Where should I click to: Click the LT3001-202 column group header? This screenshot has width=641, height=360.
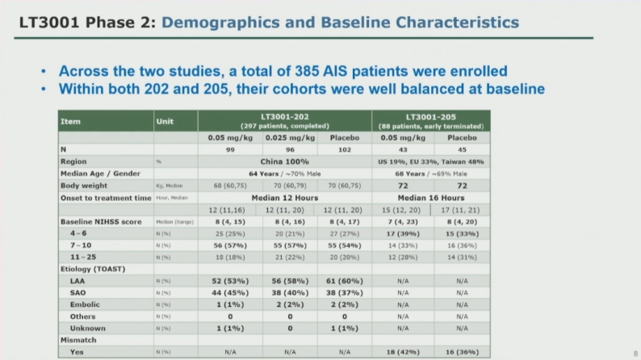tap(284, 117)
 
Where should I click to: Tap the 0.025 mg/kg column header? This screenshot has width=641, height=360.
tap(284, 138)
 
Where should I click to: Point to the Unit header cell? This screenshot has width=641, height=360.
tap(164, 122)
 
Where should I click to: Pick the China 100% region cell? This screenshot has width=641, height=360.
tap(284, 161)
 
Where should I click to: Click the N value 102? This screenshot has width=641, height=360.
tap(345, 149)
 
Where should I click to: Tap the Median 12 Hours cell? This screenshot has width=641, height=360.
tap(284, 198)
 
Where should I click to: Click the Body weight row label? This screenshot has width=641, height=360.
tap(83, 185)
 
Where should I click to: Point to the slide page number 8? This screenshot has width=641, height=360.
tap(635, 353)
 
